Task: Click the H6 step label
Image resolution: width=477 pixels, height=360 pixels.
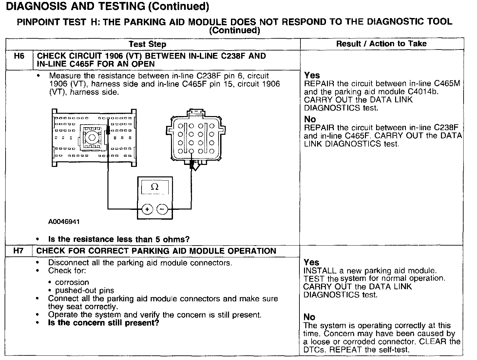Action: (19, 56)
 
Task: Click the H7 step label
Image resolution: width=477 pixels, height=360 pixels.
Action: (18, 251)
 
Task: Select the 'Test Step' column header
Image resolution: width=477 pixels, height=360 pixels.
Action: (147, 44)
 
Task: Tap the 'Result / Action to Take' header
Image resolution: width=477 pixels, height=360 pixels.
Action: (381, 44)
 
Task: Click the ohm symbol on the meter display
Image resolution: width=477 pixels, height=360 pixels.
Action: (155, 187)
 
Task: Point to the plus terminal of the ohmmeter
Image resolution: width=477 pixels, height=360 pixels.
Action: (147, 209)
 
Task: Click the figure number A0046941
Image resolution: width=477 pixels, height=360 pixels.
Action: (64, 222)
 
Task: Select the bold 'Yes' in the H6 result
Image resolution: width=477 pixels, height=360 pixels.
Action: (312, 75)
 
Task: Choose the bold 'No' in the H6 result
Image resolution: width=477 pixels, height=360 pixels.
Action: (310, 119)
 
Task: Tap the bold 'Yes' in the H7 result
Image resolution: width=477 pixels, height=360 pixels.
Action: (311, 262)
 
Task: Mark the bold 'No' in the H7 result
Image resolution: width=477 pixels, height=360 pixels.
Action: (309, 317)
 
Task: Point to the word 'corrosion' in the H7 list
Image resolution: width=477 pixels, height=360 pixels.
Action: (72, 282)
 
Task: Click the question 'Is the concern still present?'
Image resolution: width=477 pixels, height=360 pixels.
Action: (104, 323)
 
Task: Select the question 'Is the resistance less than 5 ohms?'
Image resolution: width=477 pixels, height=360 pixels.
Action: (119, 239)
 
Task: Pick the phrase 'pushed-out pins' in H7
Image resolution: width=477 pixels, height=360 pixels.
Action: (85, 290)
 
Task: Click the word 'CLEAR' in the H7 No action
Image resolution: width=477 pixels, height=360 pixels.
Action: (434, 341)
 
